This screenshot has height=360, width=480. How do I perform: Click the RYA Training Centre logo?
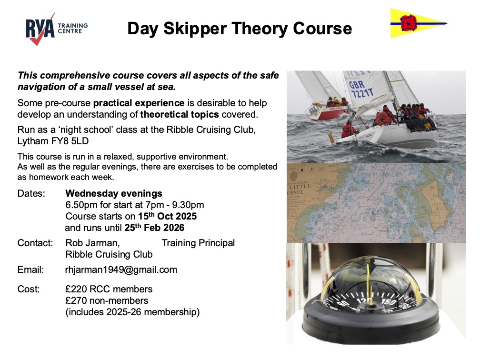(57, 29)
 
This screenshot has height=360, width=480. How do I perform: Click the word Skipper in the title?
(195, 29)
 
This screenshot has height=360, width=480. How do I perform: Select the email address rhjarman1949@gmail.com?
(121, 270)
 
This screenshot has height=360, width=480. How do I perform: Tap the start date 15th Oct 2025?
(167, 216)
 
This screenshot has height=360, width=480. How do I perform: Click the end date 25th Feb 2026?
(154, 228)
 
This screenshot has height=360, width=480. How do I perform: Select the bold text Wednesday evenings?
(114, 193)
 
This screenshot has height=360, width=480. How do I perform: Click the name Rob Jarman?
(92, 243)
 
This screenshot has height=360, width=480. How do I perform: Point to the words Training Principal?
(198, 243)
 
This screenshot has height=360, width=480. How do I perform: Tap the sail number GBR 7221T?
(361, 89)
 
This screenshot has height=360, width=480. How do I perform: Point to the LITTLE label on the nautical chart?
(300, 186)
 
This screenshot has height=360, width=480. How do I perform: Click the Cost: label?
(29, 289)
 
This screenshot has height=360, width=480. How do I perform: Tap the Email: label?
(30, 270)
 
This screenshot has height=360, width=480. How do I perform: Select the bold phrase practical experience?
(139, 103)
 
